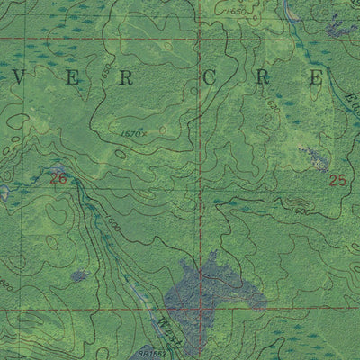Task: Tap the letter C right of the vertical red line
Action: (209, 78)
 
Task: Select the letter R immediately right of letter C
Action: (262, 78)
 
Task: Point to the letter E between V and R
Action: (73, 79)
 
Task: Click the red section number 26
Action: (58, 179)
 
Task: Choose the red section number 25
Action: (337, 180)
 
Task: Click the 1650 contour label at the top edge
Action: (237, 6)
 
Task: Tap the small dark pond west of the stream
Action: (79, 275)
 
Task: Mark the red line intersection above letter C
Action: (200, 40)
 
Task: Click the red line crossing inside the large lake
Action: (200, 309)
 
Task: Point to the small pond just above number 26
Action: (59, 168)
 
